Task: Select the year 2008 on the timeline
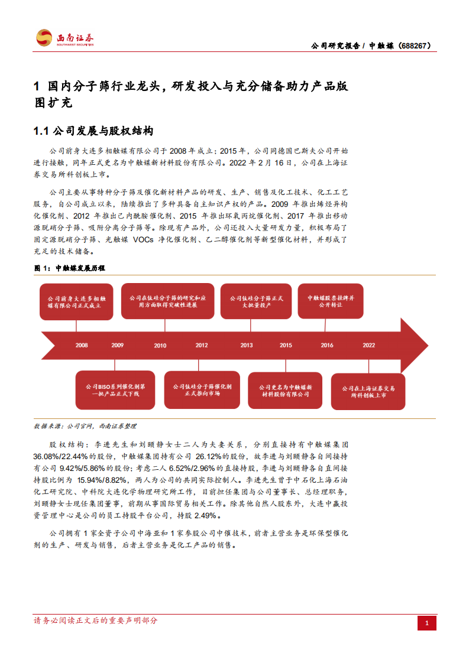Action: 82,345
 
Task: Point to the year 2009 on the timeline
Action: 117,345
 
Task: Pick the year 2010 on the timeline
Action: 160,345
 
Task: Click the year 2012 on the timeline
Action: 202,345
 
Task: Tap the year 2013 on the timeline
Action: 247,345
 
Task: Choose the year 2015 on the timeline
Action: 286,345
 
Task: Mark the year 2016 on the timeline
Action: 327,345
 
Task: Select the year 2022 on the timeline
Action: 368,345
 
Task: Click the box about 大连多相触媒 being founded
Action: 76,303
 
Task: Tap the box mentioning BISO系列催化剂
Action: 116,389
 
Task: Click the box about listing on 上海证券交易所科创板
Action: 368,391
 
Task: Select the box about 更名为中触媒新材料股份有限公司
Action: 285,391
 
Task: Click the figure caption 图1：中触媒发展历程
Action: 70,268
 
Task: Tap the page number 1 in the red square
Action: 427,623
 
